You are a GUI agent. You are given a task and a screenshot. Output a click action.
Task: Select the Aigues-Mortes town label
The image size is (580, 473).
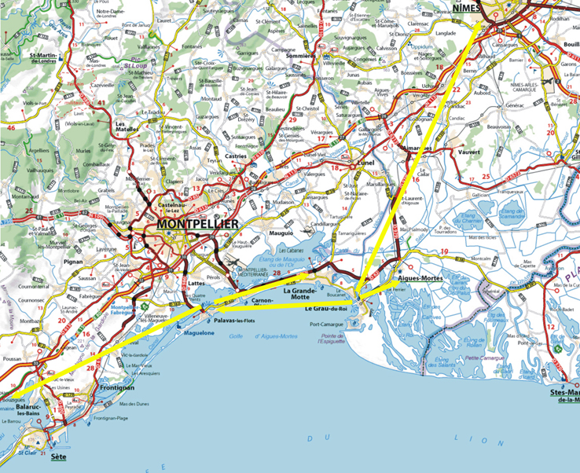[x=420, y=279]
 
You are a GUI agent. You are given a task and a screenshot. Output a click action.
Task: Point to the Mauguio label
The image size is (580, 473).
[x=270, y=233]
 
